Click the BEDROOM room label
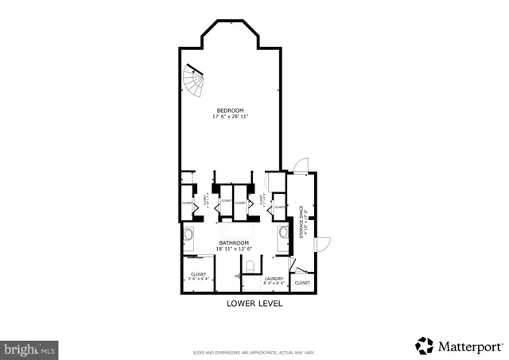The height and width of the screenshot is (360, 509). [230, 110]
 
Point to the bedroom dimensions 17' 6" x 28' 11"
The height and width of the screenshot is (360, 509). [230, 116]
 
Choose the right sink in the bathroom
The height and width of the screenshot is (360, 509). [283, 234]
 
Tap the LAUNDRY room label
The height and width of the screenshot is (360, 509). [274, 277]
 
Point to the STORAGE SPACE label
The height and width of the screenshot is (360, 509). [302, 223]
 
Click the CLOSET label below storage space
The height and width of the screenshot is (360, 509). [302, 283]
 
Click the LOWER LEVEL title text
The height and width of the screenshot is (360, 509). [254, 303]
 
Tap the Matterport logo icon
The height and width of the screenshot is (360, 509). [424, 345]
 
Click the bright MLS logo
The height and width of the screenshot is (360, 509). [29, 348]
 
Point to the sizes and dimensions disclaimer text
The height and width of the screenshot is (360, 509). [254, 352]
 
